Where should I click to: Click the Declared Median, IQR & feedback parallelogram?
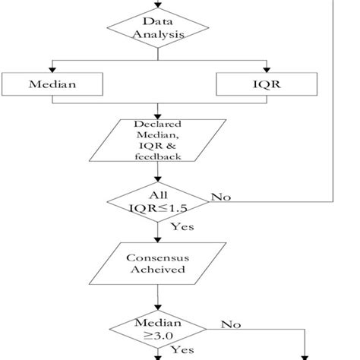(x=157, y=140)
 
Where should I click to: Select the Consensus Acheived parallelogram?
(x=157, y=262)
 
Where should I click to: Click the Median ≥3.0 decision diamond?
(x=157, y=330)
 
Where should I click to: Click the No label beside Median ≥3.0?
(x=231, y=324)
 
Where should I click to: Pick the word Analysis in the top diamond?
(x=157, y=34)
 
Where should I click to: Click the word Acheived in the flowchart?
(x=157, y=269)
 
